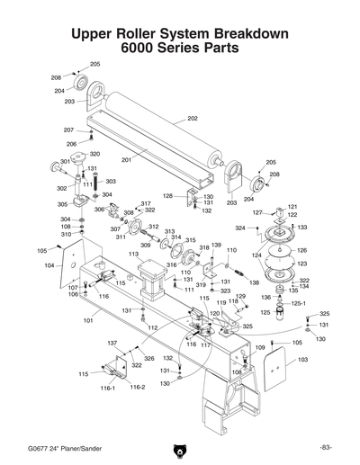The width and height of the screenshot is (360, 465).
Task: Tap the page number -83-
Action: (x=326, y=447)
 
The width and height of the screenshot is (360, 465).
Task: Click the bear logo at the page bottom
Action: (x=180, y=450)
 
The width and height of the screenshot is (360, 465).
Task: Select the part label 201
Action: (x=126, y=160)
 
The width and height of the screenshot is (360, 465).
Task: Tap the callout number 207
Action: (x=68, y=130)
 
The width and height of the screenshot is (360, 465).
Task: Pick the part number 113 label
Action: (x=133, y=255)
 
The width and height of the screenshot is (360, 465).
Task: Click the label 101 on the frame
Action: (x=89, y=319)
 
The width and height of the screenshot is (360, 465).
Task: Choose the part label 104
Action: (x=49, y=265)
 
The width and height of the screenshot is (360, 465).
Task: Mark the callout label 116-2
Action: (x=137, y=387)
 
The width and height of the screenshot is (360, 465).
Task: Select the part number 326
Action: (x=148, y=359)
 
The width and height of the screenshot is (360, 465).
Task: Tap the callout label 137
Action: (x=112, y=344)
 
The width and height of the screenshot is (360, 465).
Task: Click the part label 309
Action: (x=146, y=246)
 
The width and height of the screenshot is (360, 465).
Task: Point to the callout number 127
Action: (x=256, y=212)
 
